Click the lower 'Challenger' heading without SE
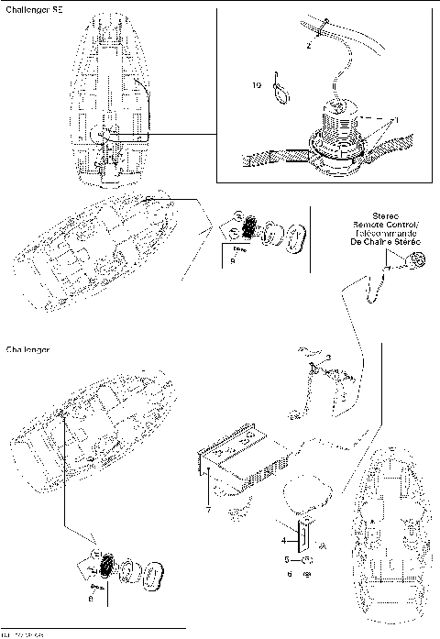pyautogui.click(x=27, y=350)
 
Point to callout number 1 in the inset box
pyautogui.click(x=396, y=120)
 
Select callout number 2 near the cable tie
pyautogui.click(x=309, y=43)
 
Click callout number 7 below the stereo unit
pyautogui.click(x=208, y=511)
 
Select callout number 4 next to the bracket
pyautogui.click(x=283, y=540)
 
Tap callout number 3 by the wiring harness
pyautogui.click(x=328, y=356)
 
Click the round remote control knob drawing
pyautogui.click(x=416, y=260)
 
